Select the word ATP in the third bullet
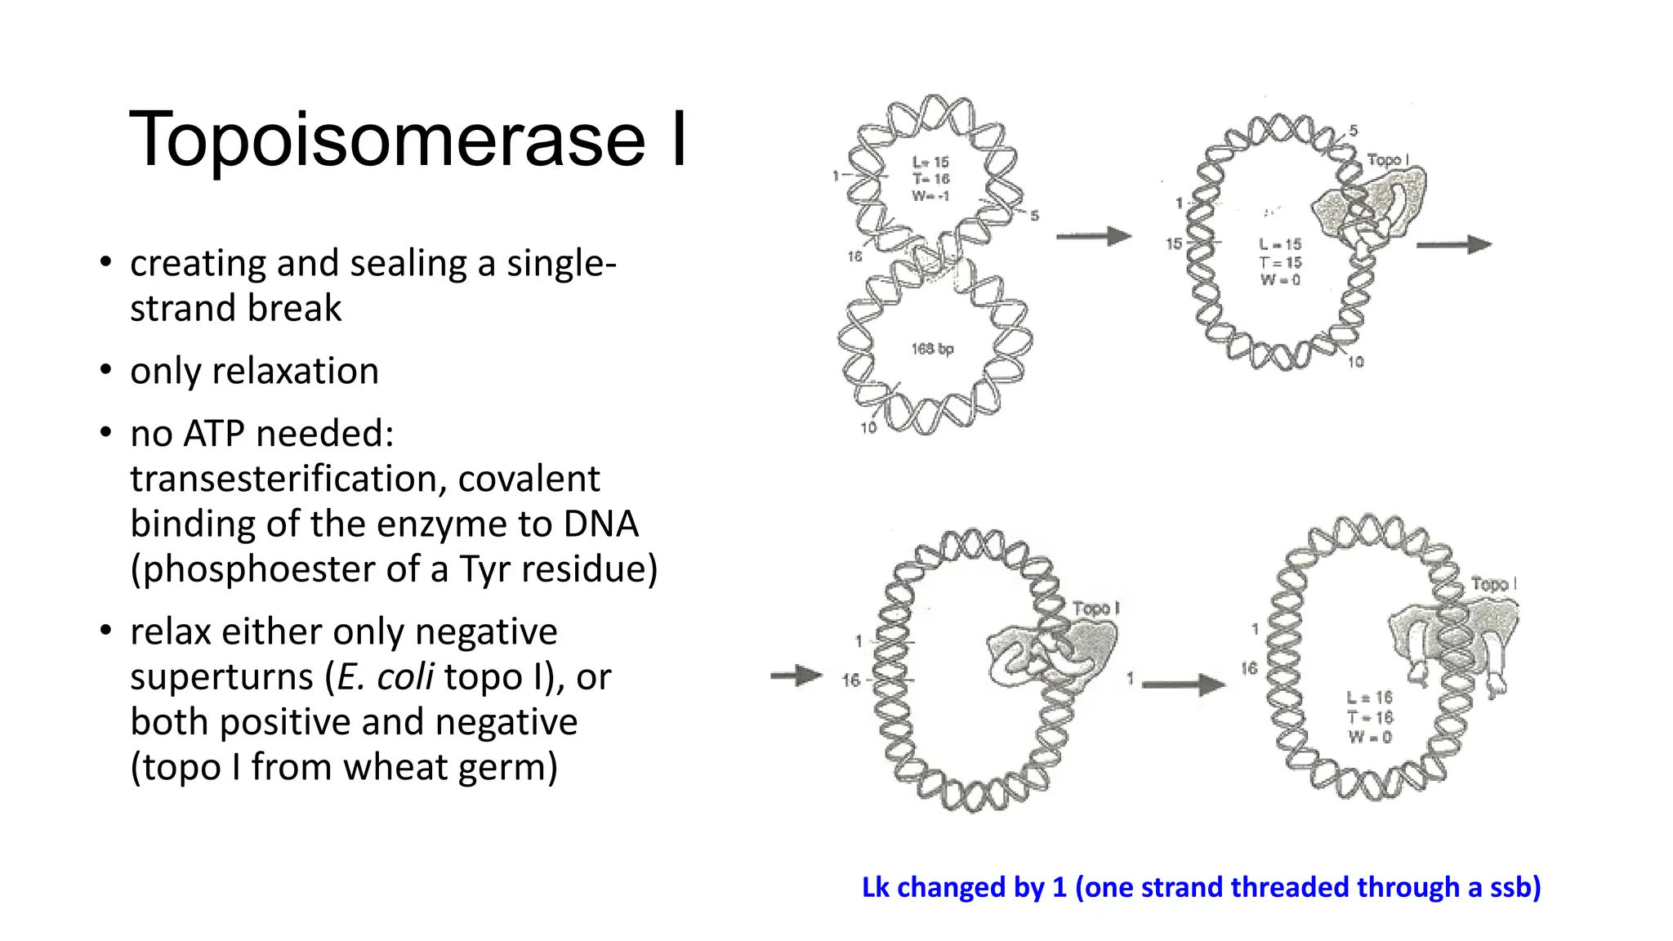pyautogui.click(x=215, y=434)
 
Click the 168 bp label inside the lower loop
pyautogui.click(x=932, y=350)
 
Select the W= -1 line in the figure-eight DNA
pyautogui.click(x=930, y=196)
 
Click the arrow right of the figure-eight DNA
pyautogui.click(x=1093, y=237)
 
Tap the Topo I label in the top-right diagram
pyautogui.click(x=1388, y=160)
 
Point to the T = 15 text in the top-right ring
pyautogui.click(x=1280, y=262)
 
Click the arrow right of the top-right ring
pyautogui.click(x=1453, y=244)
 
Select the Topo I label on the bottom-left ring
pyautogui.click(x=1095, y=609)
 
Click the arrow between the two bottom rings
pyautogui.click(x=1183, y=684)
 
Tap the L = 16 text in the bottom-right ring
pyautogui.click(x=1369, y=698)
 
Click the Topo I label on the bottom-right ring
pyautogui.click(x=1493, y=584)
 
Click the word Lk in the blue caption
pyautogui.click(x=876, y=888)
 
